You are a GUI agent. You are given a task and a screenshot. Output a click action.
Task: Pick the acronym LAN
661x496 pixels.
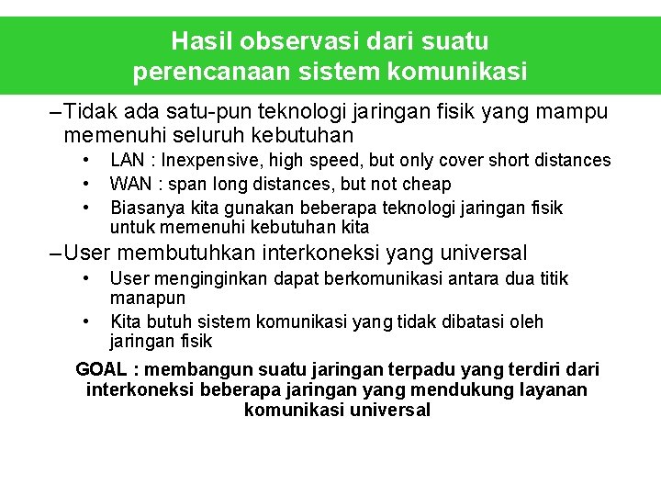point(127,161)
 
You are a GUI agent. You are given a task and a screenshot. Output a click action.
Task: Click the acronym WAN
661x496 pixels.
point(129,185)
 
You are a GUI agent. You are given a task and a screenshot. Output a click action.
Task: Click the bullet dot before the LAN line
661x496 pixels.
point(86,161)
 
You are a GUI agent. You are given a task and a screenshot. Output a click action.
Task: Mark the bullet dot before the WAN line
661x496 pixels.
point(86,185)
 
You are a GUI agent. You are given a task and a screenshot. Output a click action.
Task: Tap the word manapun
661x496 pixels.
point(148,299)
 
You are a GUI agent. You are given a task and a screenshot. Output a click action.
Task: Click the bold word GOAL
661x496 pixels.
point(102,369)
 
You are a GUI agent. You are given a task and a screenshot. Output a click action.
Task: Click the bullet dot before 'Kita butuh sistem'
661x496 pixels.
point(86,322)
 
